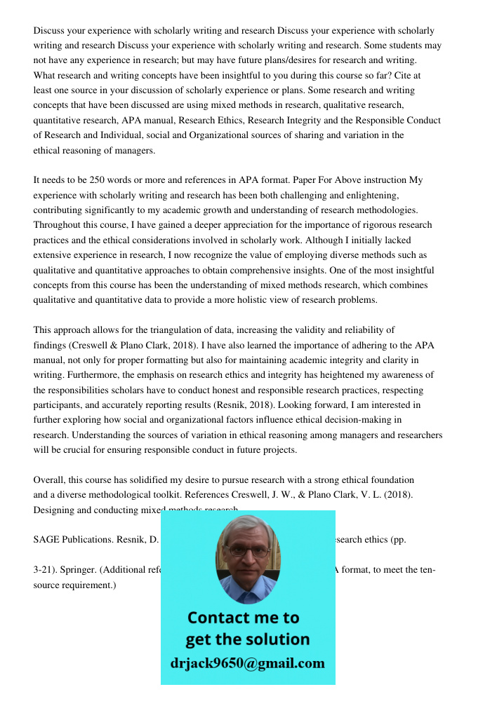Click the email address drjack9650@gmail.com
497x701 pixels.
click(x=247, y=663)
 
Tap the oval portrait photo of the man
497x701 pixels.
click(x=247, y=558)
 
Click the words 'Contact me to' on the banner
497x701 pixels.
click(x=243, y=618)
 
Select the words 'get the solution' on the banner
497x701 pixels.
click(x=247, y=639)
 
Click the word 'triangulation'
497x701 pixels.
click(x=171, y=330)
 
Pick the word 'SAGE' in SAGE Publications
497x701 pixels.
click(x=47, y=540)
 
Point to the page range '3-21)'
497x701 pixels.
click(x=45, y=570)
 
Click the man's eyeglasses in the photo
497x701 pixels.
click(x=248, y=551)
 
